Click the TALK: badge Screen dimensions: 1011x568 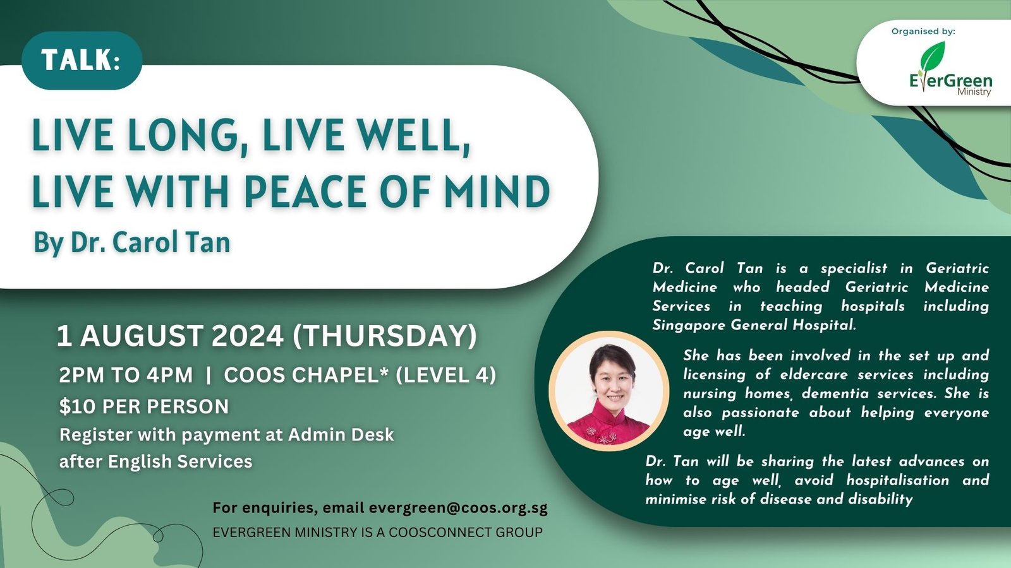coord(82,60)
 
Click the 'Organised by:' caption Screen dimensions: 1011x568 coord(923,32)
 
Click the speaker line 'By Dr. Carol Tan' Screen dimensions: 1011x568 coord(132,242)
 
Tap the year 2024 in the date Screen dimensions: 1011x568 coord(248,336)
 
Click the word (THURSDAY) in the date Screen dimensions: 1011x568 coord(385,336)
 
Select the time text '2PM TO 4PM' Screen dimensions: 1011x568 coord(126,376)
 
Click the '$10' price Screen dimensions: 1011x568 coord(77,406)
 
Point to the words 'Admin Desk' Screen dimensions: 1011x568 coord(341,435)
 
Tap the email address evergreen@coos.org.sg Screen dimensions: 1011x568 coord(458,508)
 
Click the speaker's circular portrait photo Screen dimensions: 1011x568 coord(609,391)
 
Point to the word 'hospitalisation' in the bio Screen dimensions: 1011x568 coord(897,480)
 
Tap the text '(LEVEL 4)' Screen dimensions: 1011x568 coord(445,376)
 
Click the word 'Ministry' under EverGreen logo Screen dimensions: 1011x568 coord(974,92)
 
